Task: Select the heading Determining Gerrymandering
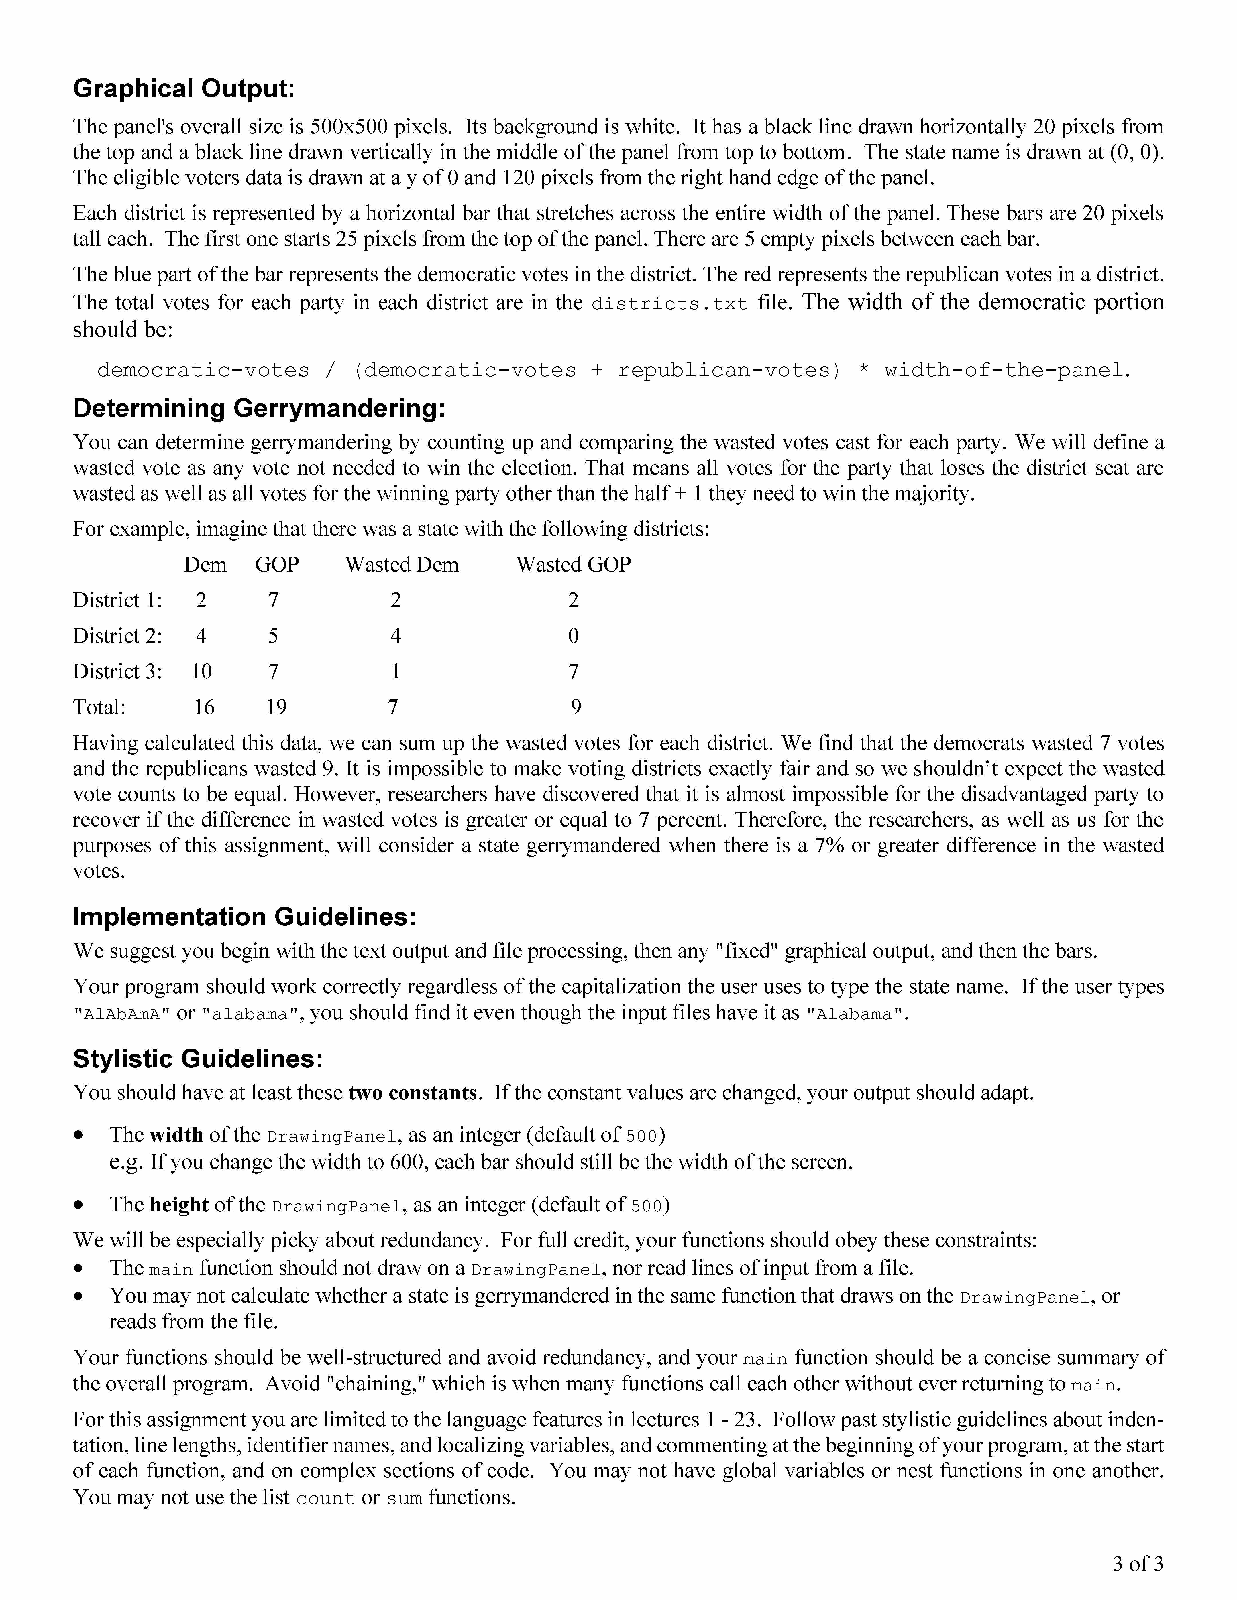(x=260, y=408)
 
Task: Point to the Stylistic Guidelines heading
(x=198, y=1059)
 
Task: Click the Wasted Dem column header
(x=402, y=565)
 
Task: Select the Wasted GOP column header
(x=573, y=565)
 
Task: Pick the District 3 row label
(x=117, y=672)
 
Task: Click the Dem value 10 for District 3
(x=201, y=672)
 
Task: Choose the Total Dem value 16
(x=204, y=707)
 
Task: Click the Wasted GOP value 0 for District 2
(x=573, y=636)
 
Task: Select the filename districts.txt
(x=669, y=303)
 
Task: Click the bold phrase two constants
(x=413, y=1093)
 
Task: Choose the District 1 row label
(x=117, y=601)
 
